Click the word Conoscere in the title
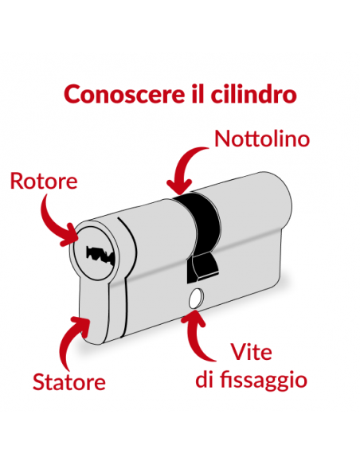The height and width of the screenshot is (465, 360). pyautogui.click(x=111, y=94)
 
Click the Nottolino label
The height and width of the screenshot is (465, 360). pyautogui.click(x=261, y=139)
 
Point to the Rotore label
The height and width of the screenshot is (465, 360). pyautogui.click(x=44, y=182)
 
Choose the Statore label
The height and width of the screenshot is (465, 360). pyautogui.click(x=69, y=381)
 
